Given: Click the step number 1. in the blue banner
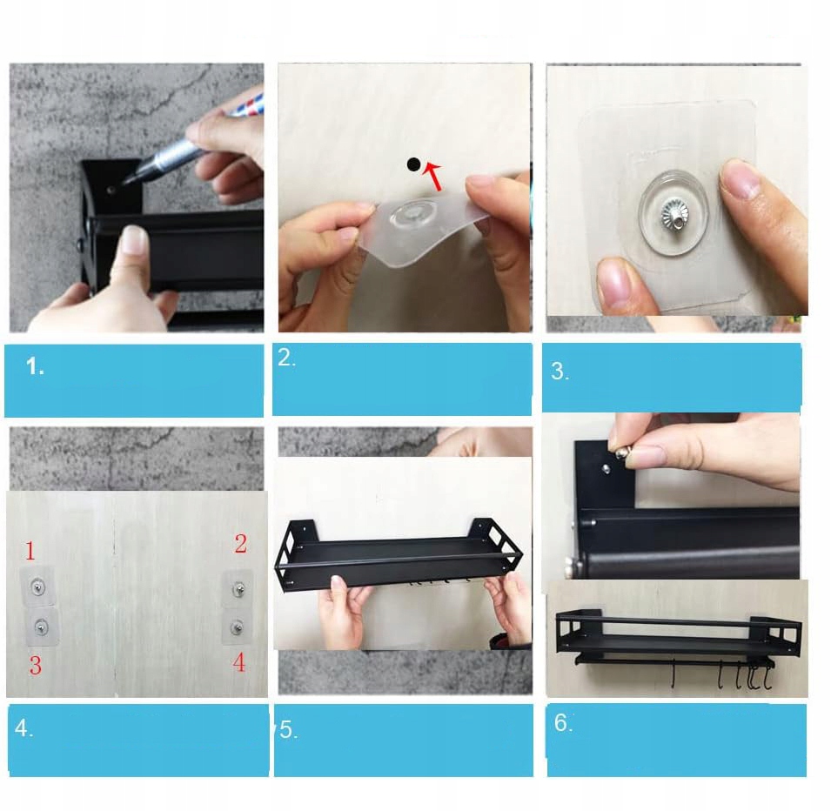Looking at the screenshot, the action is click(x=35, y=366).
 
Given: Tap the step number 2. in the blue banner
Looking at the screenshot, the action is click(x=286, y=359).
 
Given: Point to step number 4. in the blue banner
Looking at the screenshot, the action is click(x=23, y=728).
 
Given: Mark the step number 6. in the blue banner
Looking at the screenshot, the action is click(x=563, y=722).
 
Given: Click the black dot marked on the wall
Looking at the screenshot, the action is click(x=414, y=164).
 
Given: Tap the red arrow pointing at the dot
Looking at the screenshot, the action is click(x=434, y=177).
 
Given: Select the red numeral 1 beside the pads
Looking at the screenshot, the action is click(x=30, y=552).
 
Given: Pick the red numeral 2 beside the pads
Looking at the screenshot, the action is click(x=241, y=544).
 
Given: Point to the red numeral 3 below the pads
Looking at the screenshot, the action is click(x=36, y=666).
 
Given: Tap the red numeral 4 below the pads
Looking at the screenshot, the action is click(x=239, y=662).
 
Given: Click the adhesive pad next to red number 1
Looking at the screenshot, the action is click(x=37, y=586).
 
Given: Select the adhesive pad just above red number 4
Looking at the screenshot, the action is click(x=237, y=628).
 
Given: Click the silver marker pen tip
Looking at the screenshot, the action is click(x=127, y=181).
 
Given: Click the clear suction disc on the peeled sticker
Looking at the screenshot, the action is click(x=407, y=214).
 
